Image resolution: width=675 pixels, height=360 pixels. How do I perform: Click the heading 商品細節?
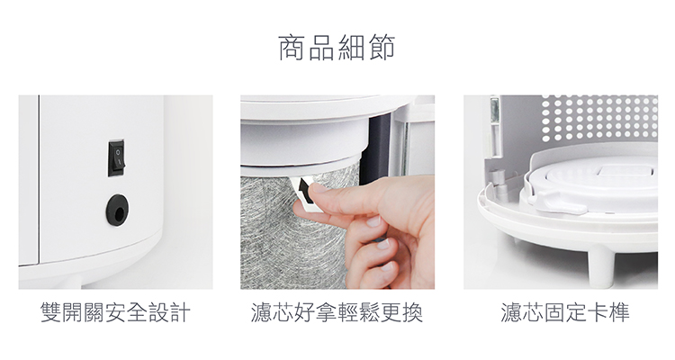(337, 48)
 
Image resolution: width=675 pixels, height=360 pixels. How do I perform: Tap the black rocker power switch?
(116, 158)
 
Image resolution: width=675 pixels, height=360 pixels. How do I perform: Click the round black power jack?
(117, 210)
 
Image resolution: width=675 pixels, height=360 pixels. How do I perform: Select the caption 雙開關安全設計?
(115, 312)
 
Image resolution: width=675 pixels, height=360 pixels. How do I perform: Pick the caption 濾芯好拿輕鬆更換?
(337, 312)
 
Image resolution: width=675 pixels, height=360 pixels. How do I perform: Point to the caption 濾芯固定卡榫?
(565, 312)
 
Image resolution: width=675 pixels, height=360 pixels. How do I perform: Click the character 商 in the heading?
(292, 48)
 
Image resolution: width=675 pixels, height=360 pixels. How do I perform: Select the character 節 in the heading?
(382, 48)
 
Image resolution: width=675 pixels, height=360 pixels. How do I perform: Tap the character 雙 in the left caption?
(50, 312)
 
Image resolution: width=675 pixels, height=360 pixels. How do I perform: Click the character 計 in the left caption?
(180, 312)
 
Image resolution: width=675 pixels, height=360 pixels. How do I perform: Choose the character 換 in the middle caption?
(412, 312)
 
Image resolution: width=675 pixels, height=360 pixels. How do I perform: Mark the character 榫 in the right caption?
(619, 312)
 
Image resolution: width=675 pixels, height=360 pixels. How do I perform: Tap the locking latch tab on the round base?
(560, 203)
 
